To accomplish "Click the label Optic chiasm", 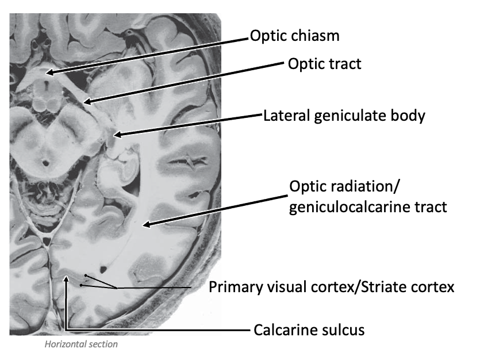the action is coord(294,36).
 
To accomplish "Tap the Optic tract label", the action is coord(324,63).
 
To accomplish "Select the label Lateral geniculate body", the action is coord(344,116).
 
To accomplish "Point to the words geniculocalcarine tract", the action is coord(367,206).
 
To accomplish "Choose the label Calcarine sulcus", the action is coord(309,330).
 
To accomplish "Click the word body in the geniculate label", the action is coord(409,116).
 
